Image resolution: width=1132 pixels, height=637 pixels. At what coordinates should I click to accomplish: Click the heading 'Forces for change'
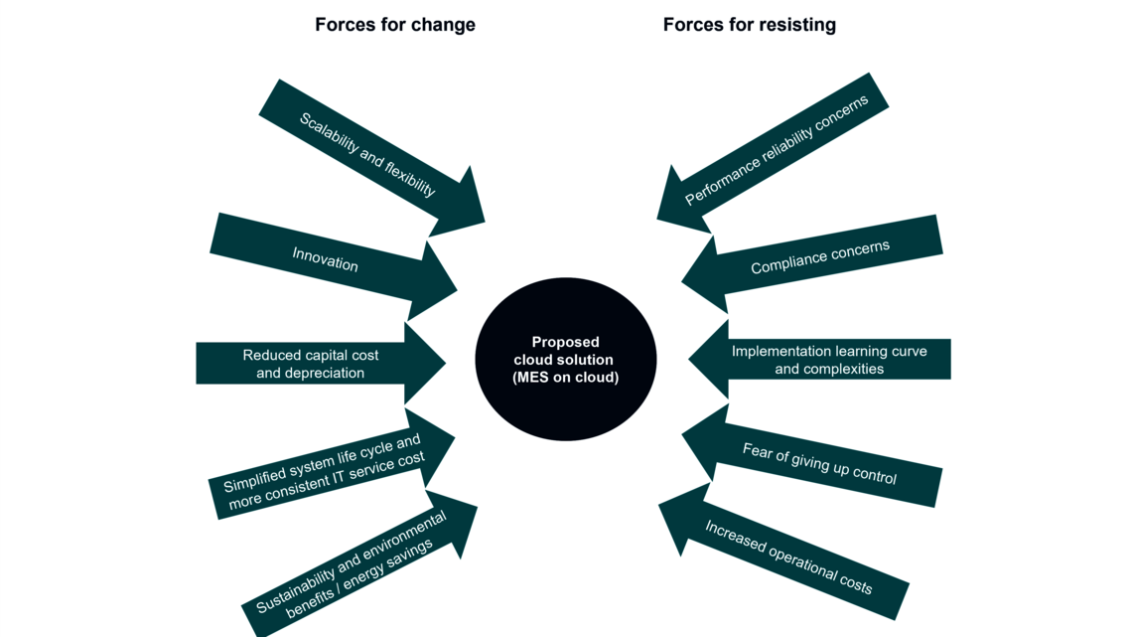tap(394, 25)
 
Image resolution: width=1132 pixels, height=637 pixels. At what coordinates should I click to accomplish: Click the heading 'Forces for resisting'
tap(749, 25)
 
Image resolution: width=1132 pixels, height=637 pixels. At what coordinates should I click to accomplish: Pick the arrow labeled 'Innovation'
tap(326, 261)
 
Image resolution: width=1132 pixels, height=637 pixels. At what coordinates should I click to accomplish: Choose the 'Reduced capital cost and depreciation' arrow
tap(311, 364)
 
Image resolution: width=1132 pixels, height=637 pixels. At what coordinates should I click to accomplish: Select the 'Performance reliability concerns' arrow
tap(777, 150)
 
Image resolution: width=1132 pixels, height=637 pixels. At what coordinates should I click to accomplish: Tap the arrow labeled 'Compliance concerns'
tap(819, 257)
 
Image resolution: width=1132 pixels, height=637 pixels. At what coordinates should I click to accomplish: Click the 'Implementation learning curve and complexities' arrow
tap(829, 360)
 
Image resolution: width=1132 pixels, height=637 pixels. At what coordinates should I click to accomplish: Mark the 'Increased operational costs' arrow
tap(788, 557)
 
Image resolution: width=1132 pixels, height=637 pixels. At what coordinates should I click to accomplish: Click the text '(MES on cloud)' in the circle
tap(565, 378)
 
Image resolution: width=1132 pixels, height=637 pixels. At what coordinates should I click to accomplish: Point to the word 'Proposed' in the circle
tap(565, 342)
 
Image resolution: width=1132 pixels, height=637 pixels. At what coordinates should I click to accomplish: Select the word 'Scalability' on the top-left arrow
tap(327, 133)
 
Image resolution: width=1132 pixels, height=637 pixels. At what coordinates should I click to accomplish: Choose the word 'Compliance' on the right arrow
tap(785, 262)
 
